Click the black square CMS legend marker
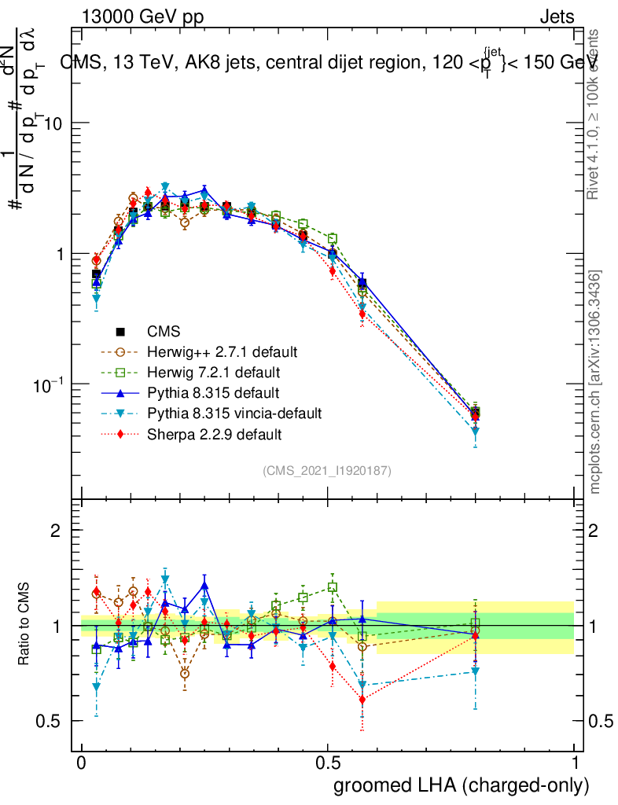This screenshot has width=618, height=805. click(x=121, y=331)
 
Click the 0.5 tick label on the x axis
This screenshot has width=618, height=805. click(x=328, y=763)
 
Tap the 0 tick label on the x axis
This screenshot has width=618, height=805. click(x=82, y=763)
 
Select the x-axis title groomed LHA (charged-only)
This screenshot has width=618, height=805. click(x=462, y=785)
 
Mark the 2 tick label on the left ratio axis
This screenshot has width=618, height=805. click(x=55, y=531)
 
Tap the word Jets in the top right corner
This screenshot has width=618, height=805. click(x=556, y=17)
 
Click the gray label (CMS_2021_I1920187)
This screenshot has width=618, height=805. click(x=327, y=470)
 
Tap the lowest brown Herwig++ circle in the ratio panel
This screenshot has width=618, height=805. click(x=184, y=674)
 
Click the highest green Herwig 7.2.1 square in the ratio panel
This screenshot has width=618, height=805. click(x=333, y=587)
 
